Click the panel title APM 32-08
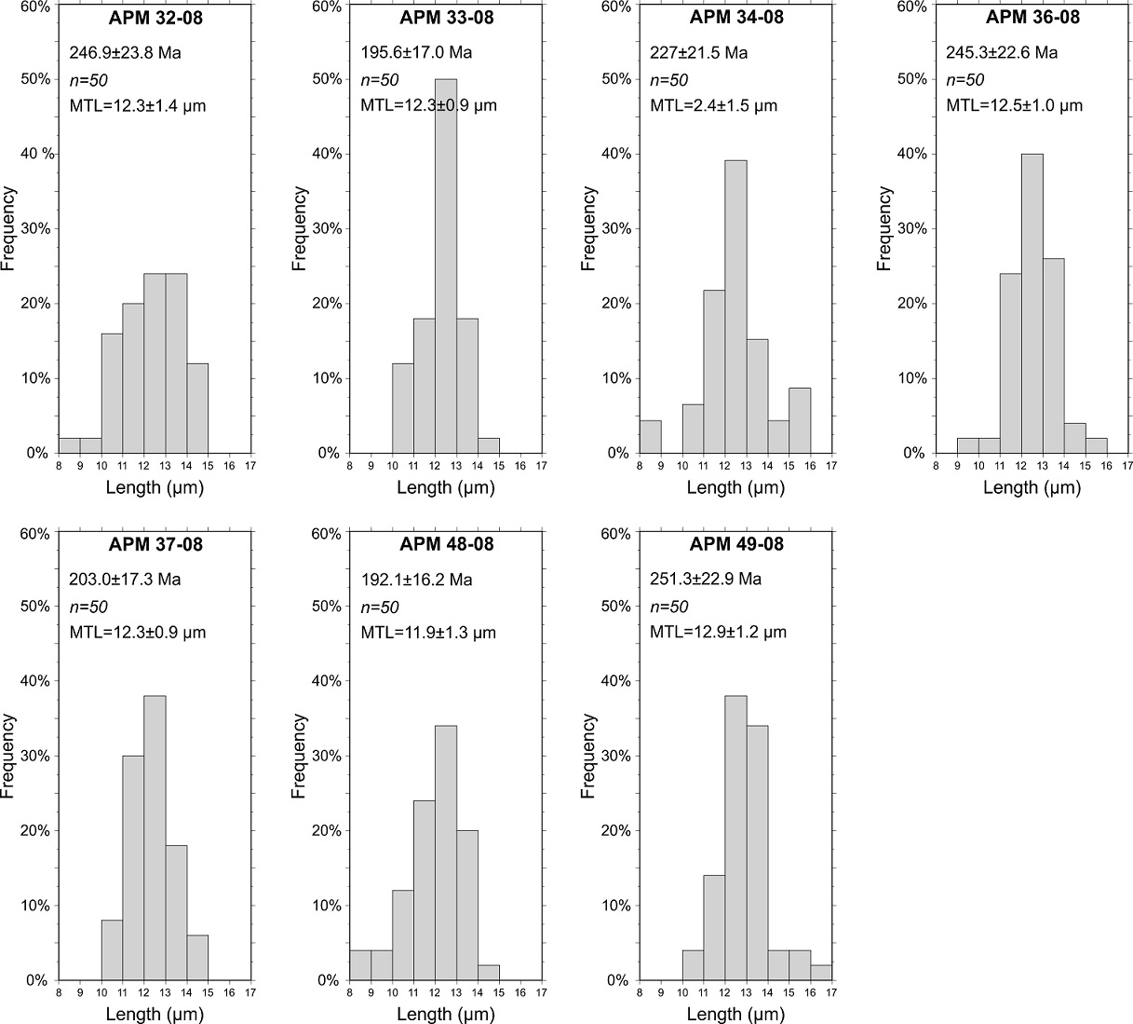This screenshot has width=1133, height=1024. [x=155, y=18]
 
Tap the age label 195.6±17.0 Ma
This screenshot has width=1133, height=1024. [x=416, y=52]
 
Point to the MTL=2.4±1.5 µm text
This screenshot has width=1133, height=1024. [x=713, y=105]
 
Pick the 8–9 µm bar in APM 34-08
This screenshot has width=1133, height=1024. [x=650, y=437]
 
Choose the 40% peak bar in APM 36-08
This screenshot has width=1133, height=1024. [x=1032, y=303]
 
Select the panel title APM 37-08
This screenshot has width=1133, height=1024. [x=155, y=544]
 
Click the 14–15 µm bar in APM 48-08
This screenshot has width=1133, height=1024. [x=489, y=973]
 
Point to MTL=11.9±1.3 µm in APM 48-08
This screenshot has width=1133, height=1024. [x=428, y=633]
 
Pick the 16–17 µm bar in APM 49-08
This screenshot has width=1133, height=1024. [x=821, y=973]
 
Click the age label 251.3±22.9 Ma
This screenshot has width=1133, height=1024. [x=706, y=579]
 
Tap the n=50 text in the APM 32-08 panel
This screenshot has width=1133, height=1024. [x=88, y=80]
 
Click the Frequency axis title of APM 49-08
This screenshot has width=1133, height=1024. [x=588, y=756]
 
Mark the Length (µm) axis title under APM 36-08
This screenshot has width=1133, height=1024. [x=1032, y=487]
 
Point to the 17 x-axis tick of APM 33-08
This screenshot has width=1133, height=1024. [x=542, y=465]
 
